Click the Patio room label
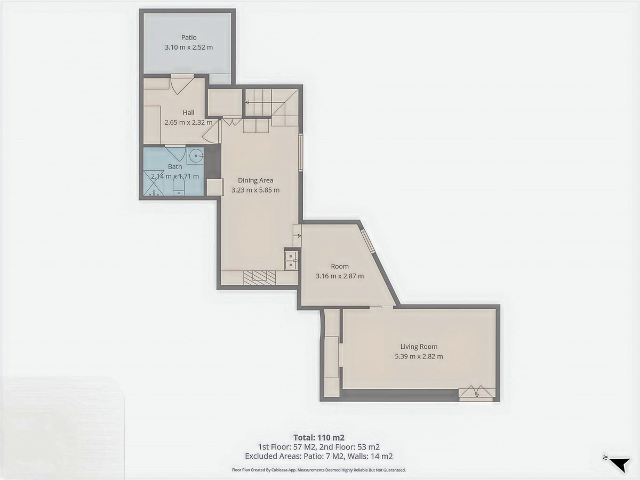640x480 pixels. pos(188,37)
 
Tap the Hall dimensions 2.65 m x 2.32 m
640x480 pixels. pos(188,122)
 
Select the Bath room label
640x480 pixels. pos(175,167)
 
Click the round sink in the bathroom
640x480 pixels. pos(196,157)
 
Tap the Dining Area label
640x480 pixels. pos(255,180)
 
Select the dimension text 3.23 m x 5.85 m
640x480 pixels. pos(255,190)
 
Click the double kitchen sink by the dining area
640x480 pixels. pos(291,260)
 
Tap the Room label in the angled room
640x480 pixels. pos(340,266)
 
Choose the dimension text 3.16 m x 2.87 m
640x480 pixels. pos(340,276)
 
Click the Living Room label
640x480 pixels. pos(419,347)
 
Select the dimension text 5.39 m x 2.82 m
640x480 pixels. pos(419,357)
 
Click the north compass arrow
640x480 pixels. pos(619,464)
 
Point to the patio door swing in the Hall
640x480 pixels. pos(181,84)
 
